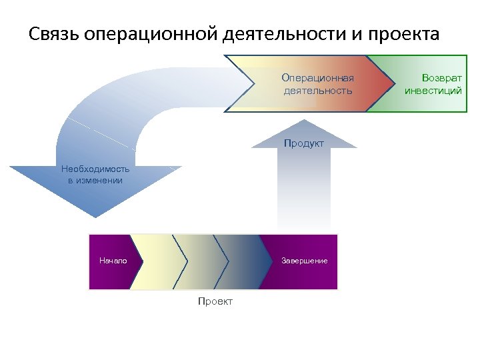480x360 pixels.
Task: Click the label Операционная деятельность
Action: (317, 84)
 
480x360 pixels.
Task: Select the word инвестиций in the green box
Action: (433, 91)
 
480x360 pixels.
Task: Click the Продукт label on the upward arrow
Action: (304, 143)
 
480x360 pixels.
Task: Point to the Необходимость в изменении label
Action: (95, 175)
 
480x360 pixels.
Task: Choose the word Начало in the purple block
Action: (113, 261)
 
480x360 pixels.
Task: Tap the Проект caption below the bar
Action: (215, 302)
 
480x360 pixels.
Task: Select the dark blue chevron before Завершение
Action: (243, 261)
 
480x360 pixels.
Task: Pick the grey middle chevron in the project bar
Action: (200, 261)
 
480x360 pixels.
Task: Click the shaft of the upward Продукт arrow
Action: (304, 193)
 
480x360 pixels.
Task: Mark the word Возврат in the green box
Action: (433, 78)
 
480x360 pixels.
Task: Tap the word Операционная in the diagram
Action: (317, 78)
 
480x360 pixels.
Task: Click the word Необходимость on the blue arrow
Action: (95, 169)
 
